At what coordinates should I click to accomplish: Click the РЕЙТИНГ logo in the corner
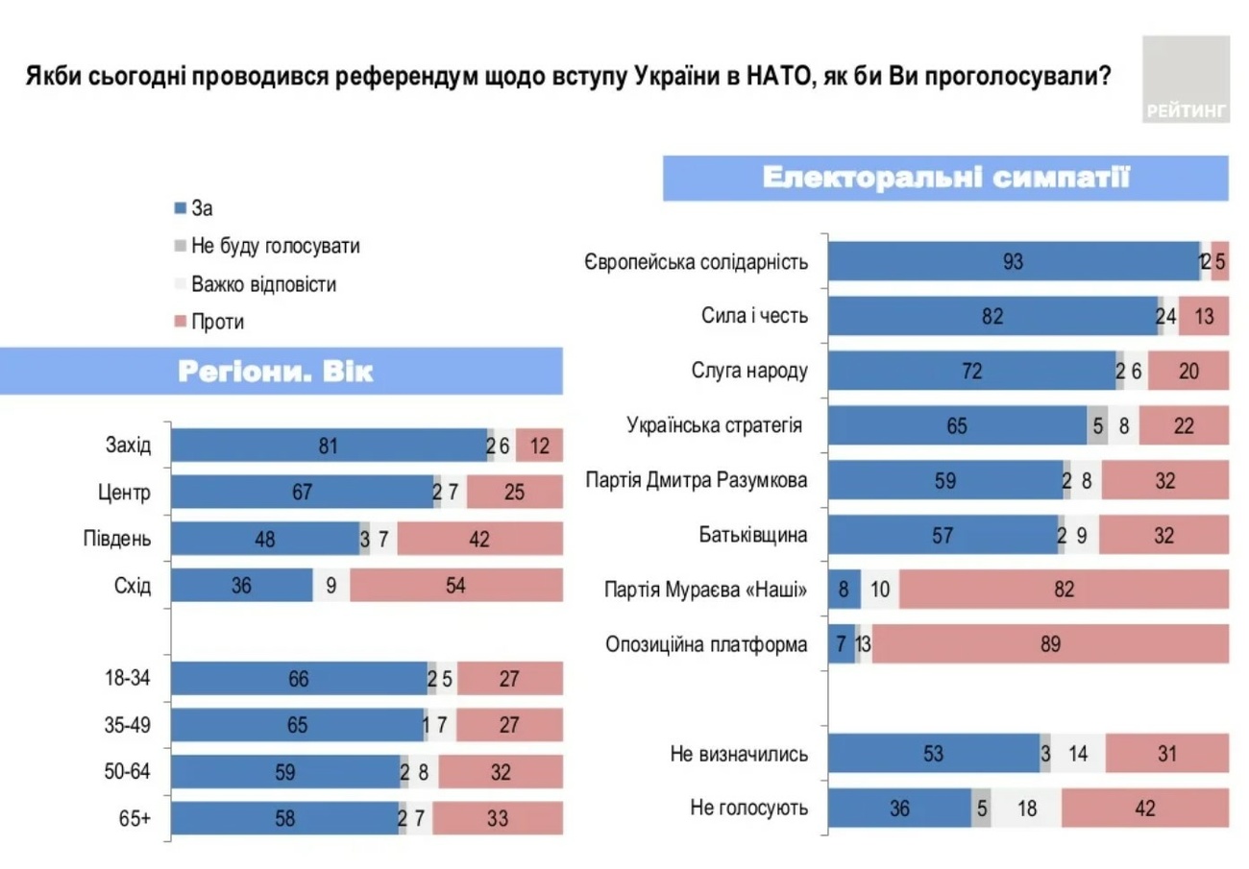[1186, 81]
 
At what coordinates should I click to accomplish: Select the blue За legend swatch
[180, 207]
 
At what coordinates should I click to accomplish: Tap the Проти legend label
[218, 323]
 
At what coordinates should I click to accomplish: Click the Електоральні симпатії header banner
[945, 179]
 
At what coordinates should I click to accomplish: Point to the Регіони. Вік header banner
[282, 371]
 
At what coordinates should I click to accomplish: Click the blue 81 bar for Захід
[330, 446]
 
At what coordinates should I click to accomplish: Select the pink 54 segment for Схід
[455, 586]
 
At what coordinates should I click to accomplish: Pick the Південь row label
[118, 539]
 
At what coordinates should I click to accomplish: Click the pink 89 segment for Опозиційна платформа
[1050, 644]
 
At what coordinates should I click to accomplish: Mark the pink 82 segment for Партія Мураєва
[1064, 590]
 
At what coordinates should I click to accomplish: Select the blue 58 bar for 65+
[284, 818]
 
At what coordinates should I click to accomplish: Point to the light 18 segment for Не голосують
[1026, 809]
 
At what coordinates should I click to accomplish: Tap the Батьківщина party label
[753, 535]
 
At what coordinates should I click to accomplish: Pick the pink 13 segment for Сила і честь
[1203, 316]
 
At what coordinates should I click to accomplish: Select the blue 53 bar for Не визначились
[933, 754]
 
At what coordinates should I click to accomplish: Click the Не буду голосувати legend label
[276, 246]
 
